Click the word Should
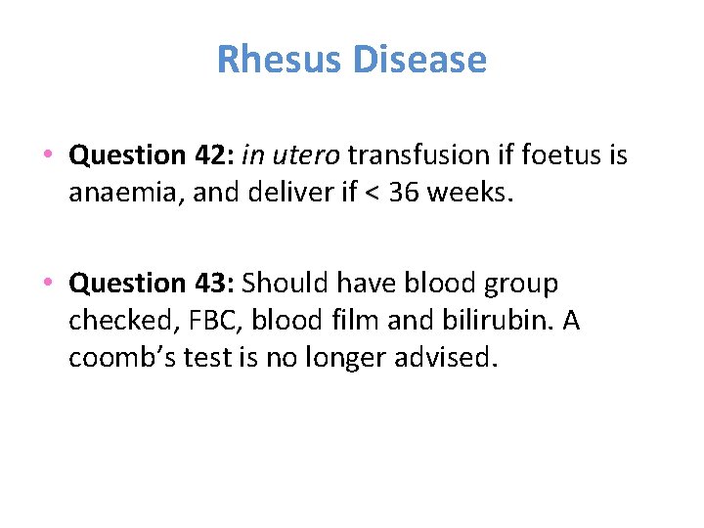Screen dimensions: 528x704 coord(286,284)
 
